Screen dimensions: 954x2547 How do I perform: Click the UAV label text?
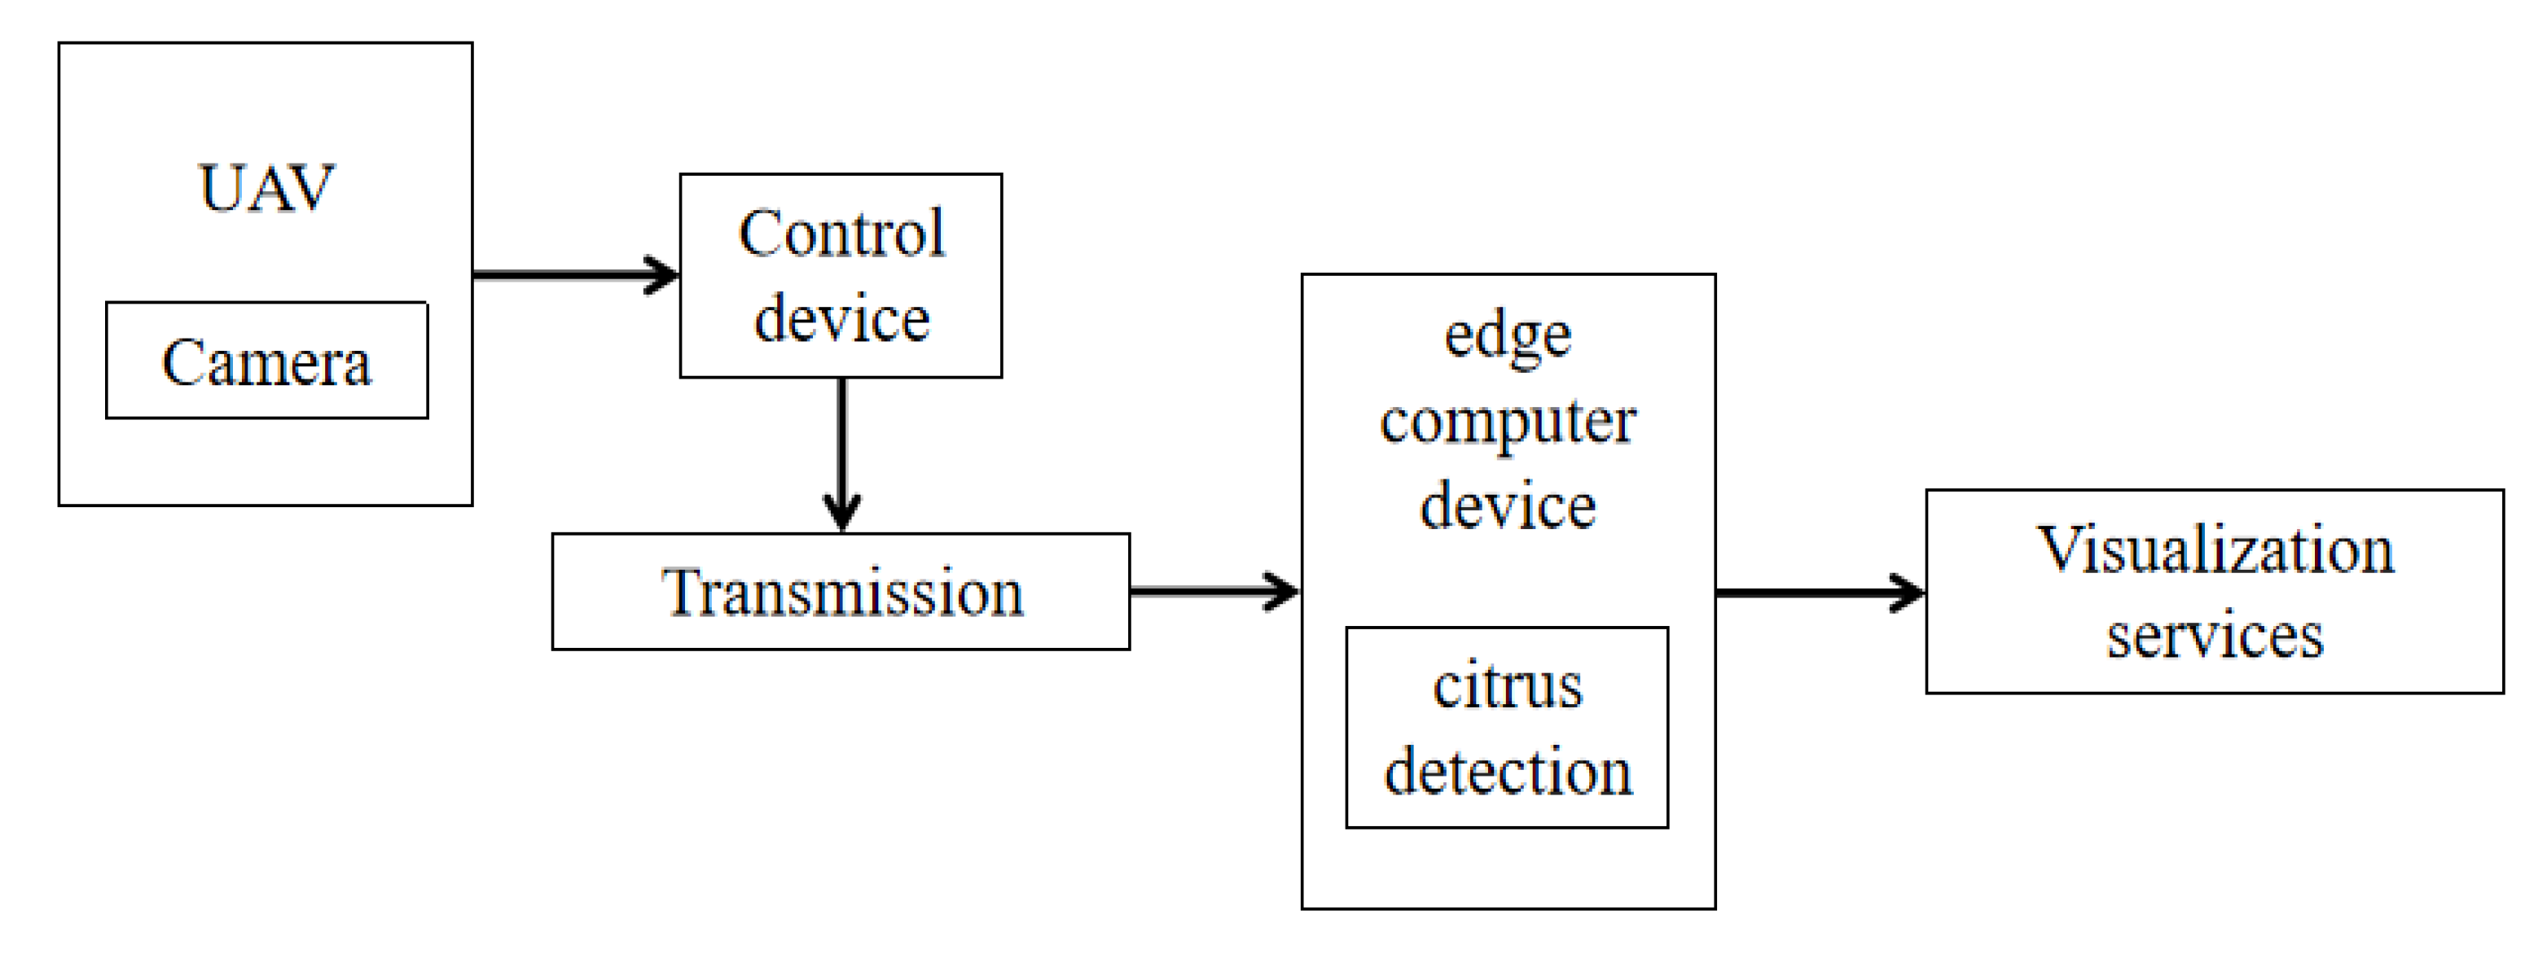tap(267, 188)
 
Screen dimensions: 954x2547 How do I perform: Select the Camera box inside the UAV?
tap(267, 361)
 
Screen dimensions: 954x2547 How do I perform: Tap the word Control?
tap(841, 234)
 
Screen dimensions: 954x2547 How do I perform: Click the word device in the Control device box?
tap(841, 318)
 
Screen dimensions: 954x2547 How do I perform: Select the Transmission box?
tap(841, 592)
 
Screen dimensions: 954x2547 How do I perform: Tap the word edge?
tap(1508, 336)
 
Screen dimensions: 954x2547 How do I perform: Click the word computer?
tap(1508, 423)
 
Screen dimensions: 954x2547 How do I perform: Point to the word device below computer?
tap(1508, 506)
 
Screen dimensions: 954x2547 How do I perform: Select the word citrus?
tap(1508, 685)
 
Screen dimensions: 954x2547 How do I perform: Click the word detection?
tap(1508, 771)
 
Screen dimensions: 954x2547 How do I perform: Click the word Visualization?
tap(2215, 549)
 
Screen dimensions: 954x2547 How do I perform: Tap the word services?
tap(2215, 635)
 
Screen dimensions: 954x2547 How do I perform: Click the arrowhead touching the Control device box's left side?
tap(662, 275)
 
